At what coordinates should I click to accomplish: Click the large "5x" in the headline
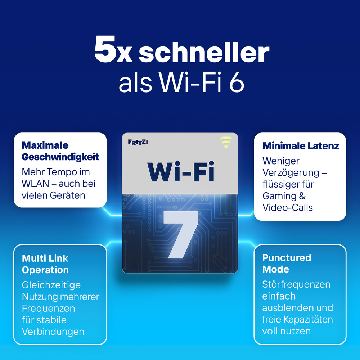click(113, 49)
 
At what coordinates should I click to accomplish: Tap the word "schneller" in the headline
click(204, 51)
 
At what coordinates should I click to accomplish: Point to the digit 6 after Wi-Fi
click(237, 83)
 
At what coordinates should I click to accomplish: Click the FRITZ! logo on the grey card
click(138, 142)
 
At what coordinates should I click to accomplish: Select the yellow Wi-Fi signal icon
click(226, 142)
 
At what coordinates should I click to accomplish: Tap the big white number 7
click(181, 235)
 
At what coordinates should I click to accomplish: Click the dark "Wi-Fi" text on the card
click(181, 171)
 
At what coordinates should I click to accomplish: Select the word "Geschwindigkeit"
click(60, 157)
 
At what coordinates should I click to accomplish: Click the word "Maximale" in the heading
click(45, 145)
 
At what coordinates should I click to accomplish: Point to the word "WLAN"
click(35, 184)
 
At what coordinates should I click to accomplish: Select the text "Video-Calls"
click(287, 208)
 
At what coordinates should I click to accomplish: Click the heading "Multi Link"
click(45, 258)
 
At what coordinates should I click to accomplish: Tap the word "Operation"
click(45, 270)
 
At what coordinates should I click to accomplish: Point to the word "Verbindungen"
click(53, 332)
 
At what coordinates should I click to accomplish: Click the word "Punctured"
click(287, 258)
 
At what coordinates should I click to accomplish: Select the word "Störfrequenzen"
click(296, 285)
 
